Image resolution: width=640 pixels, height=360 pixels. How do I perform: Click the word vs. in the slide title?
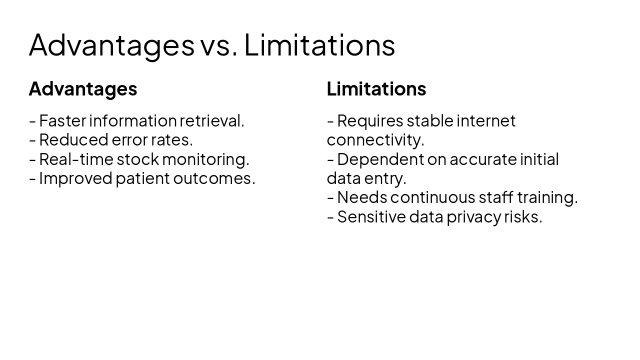pyautogui.click(x=218, y=45)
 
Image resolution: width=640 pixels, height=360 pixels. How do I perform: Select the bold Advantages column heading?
pyautogui.click(x=83, y=89)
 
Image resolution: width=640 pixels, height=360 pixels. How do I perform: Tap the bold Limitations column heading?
pyautogui.click(x=376, y=89)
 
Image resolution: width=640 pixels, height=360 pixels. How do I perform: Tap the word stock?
pyautogui.click(x=138, y=159)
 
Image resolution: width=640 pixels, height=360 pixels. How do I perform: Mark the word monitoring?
pyautogui.click(x=205, y=159)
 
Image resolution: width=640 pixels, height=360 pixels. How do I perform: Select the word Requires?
pyautogui.click(x=370, y=121)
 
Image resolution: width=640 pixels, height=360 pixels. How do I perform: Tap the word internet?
pyautogui.click(x=486, y=121)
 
